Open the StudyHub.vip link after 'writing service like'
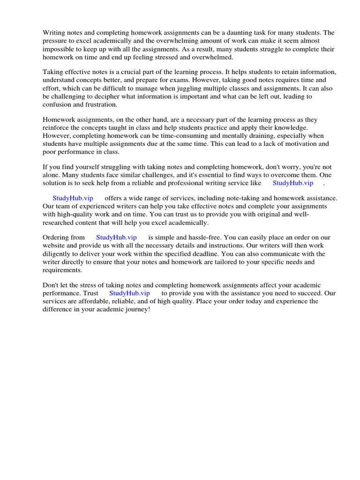[292, 183]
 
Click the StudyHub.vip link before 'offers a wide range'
[73, 198]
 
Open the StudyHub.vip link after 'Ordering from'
[116, 238]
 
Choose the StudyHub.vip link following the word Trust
[129, 293]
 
